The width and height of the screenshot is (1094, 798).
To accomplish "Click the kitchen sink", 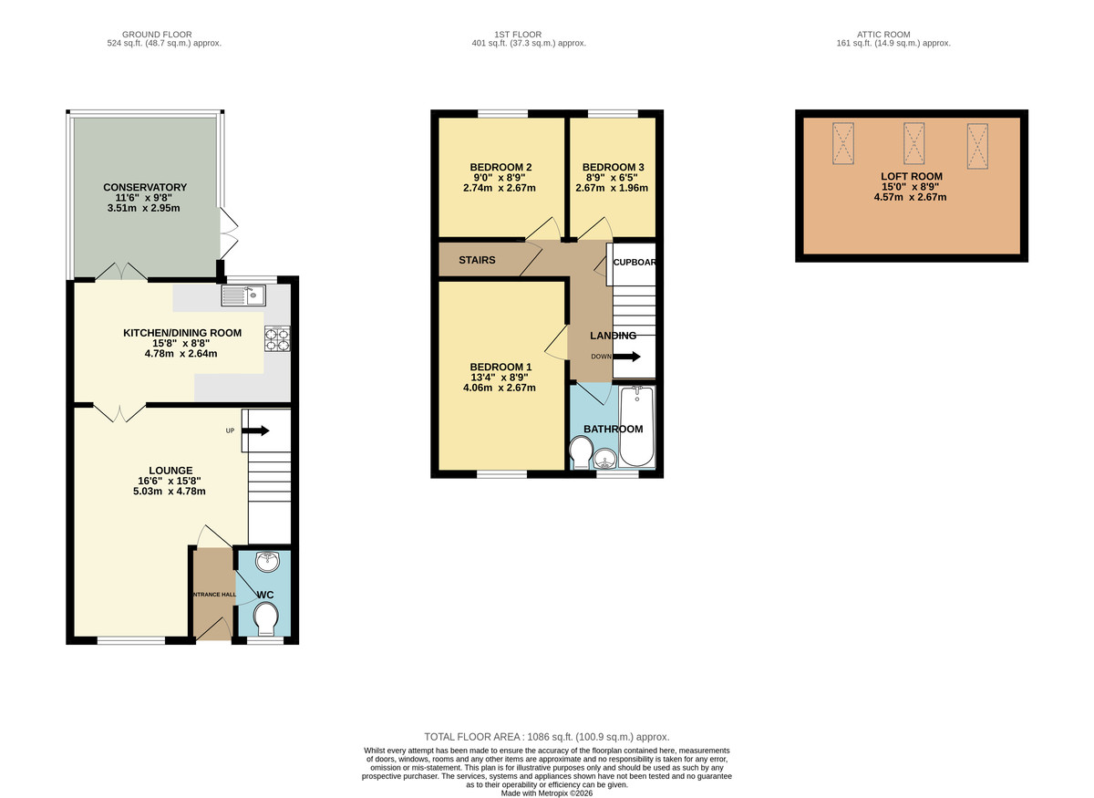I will (243, 295).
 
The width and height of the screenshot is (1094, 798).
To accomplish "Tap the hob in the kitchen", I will (277, 338).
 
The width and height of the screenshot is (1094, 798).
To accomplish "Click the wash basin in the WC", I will (268, 562).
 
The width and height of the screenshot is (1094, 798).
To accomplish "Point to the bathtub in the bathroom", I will (636, 426).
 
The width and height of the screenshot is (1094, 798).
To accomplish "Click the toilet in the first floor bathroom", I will (581, 451).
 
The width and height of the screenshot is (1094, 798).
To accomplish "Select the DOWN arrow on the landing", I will (627, 357).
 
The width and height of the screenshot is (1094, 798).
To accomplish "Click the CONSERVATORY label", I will (145, 188).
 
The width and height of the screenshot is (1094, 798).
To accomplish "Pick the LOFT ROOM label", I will (912, 176).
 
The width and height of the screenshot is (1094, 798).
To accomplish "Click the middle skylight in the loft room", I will (913, 144).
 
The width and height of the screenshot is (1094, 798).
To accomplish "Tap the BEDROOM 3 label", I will (613, 167).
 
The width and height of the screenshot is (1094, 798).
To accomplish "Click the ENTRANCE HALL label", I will (212, 595).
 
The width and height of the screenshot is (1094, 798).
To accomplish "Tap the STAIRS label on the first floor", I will (477, 260).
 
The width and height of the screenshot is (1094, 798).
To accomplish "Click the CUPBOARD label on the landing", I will (634, 262).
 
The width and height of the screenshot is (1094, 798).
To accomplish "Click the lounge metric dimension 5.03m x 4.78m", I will (169, 492).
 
